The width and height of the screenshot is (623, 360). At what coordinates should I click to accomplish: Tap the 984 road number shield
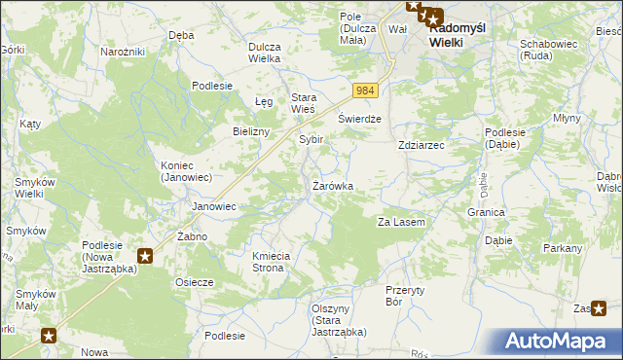[x=364, y=90]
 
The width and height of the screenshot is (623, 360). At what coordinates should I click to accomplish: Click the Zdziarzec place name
[x=421, y=145]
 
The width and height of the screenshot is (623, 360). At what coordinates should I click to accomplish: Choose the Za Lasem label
[x=401, y=223]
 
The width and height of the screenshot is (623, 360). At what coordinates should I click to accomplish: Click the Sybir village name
[x=311, y=140]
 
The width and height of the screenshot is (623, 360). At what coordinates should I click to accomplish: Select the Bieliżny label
[x=251, y=131]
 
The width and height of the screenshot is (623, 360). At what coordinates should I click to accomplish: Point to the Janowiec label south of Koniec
[x=214, y=206]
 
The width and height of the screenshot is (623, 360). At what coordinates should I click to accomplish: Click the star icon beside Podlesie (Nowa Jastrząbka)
[x=145, y=257]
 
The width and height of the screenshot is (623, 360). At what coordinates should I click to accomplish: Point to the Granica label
[x=485, y=212]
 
